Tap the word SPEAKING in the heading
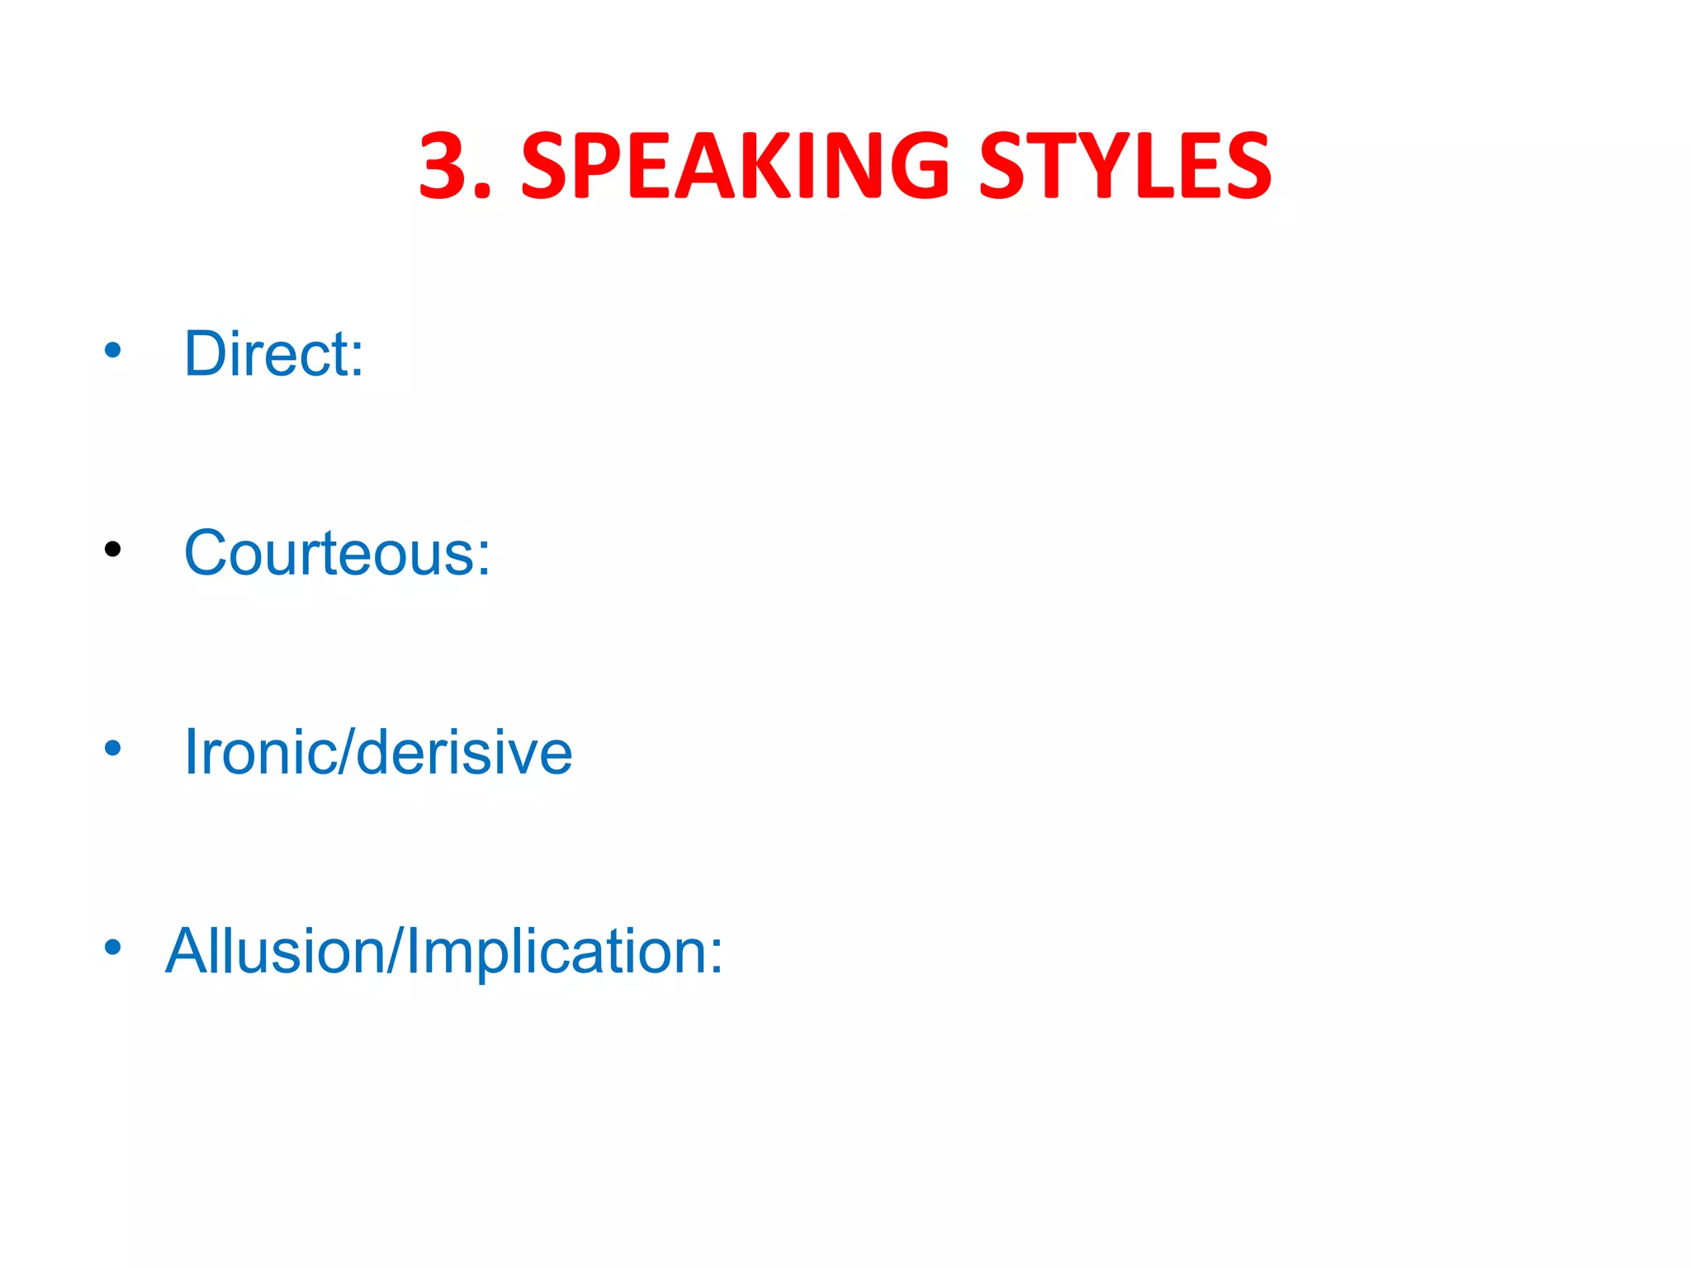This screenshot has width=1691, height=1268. coord(736,167)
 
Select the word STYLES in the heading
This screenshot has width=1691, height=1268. coord(1125,167)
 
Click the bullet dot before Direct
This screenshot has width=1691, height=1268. coord(113,350)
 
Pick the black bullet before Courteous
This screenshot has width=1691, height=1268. coord(113,549)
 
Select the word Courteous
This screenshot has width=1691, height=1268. coord(329,553)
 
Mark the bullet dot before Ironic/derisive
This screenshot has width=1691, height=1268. coord(113,749)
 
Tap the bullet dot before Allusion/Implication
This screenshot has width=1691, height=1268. coord(113,948)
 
